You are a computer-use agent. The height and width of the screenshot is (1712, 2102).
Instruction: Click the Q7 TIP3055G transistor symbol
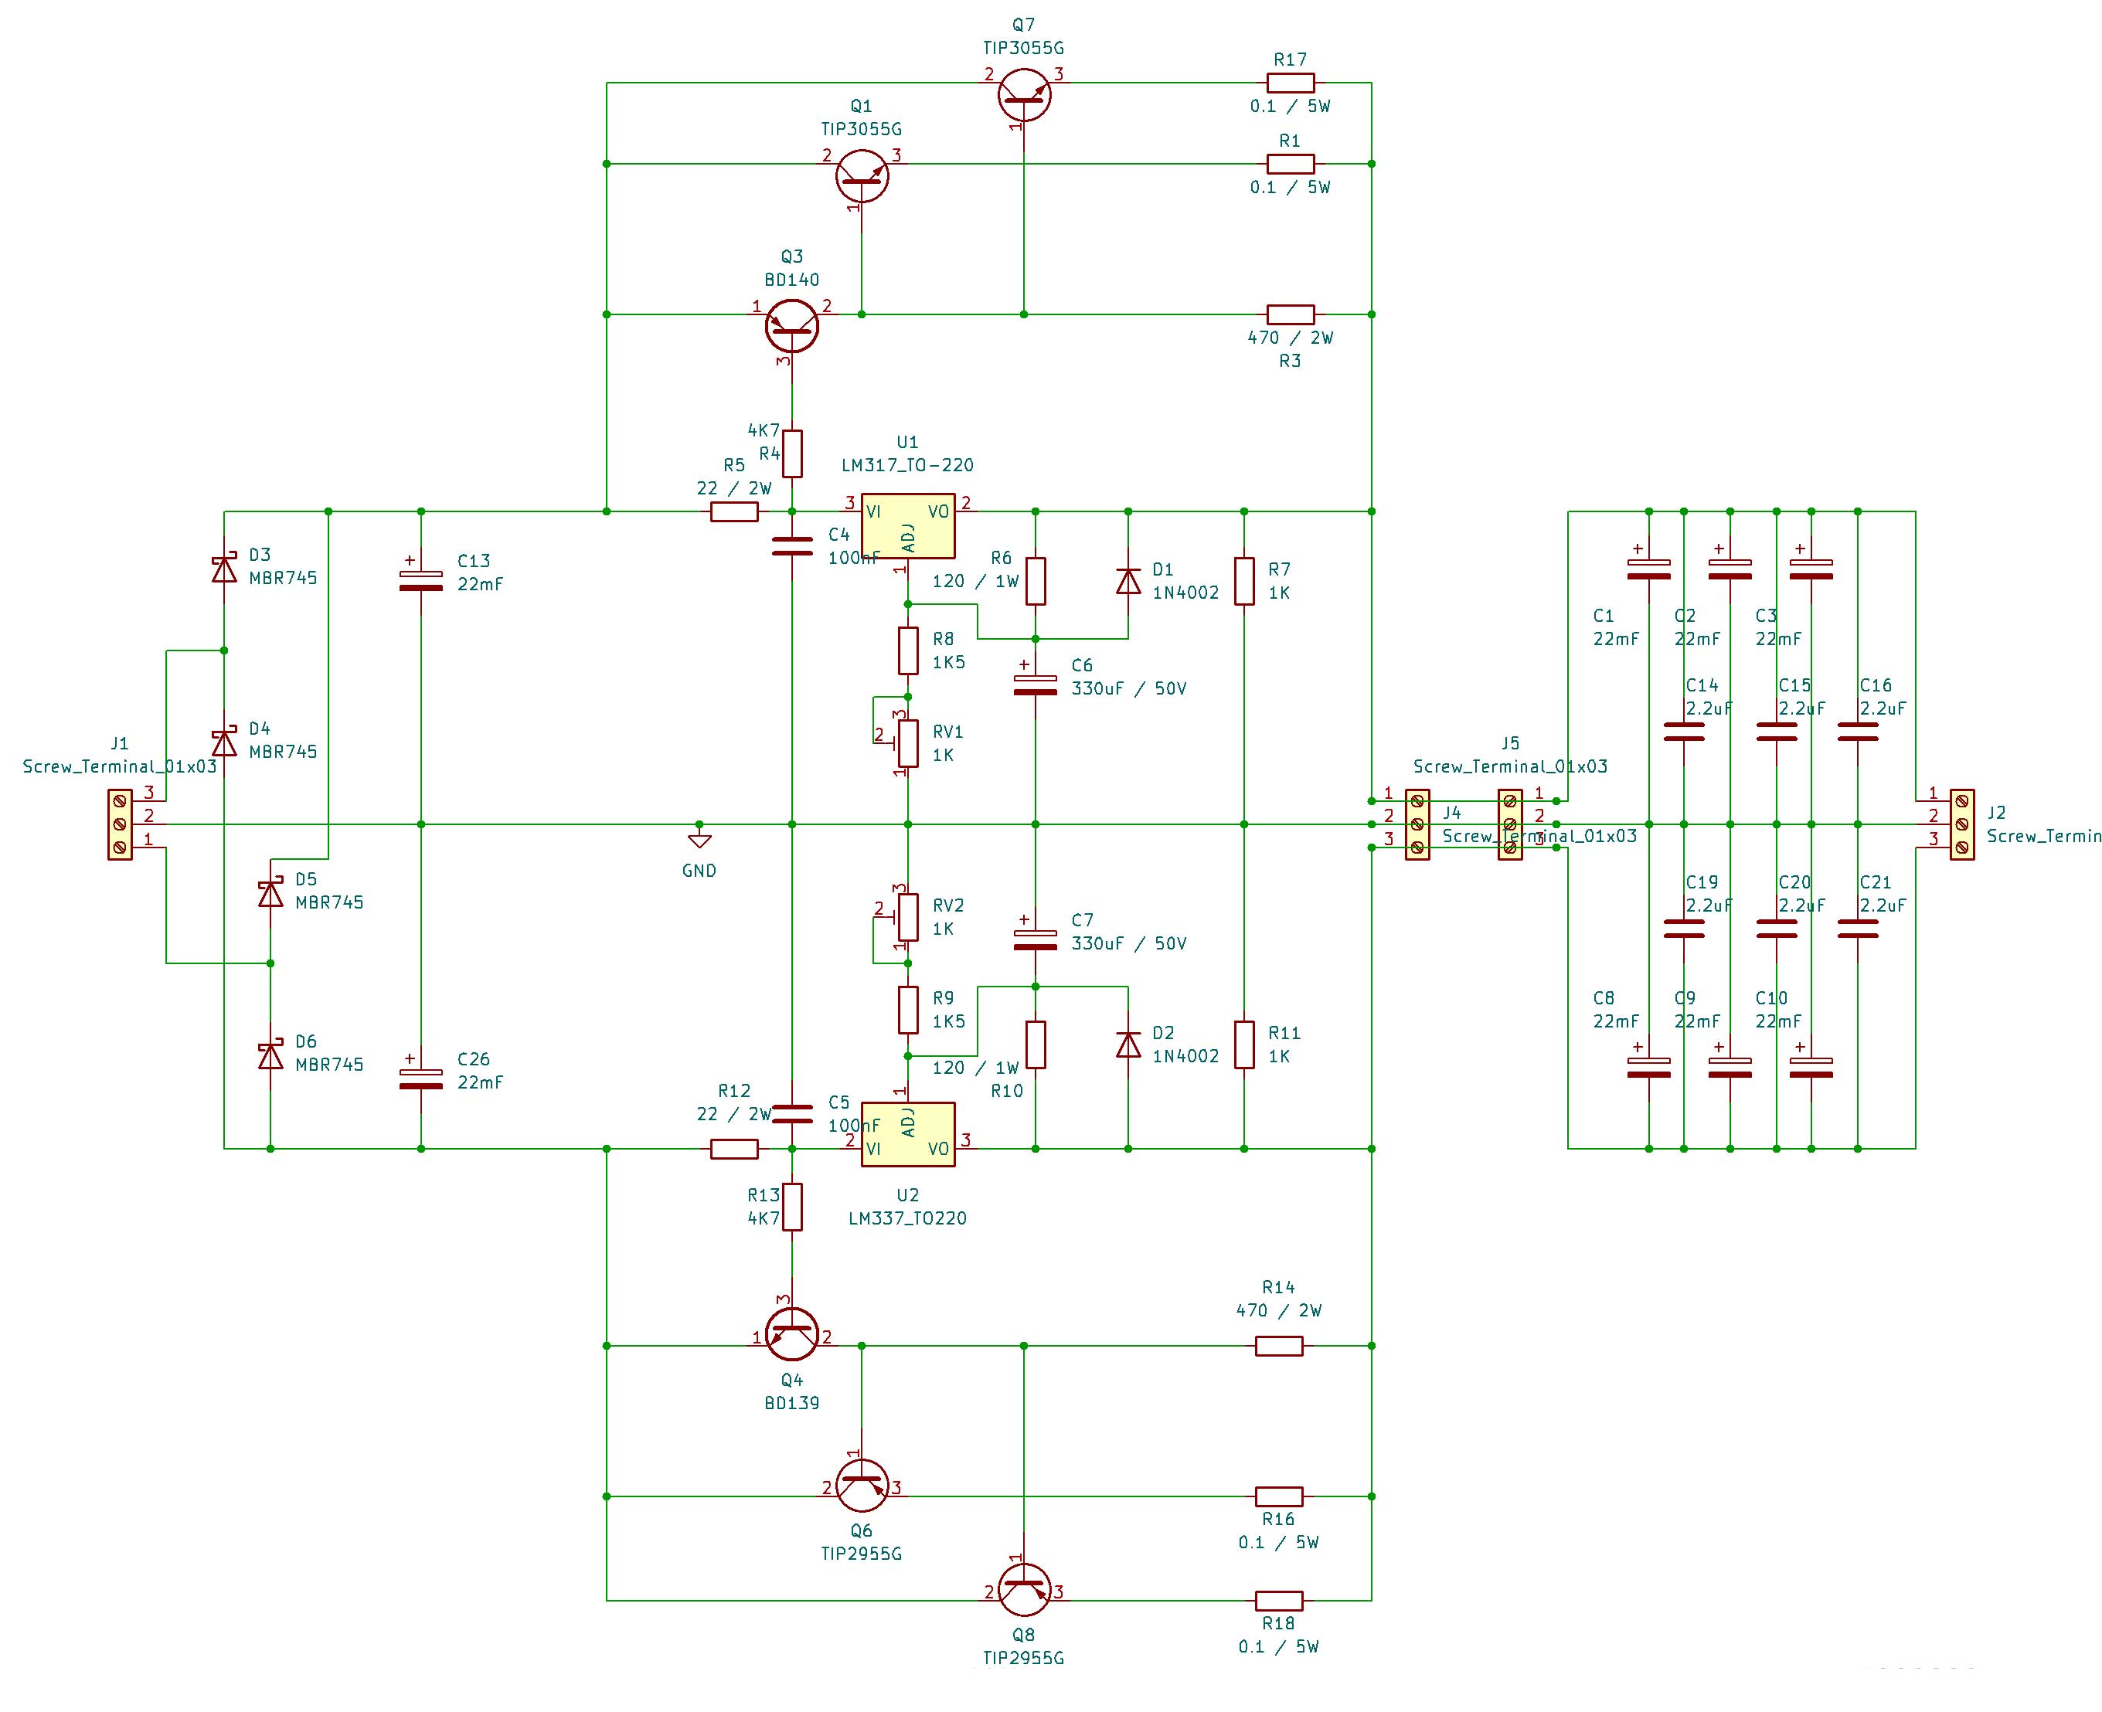point(1023,93)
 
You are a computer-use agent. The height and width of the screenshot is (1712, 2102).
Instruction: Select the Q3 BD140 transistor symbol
point(791,325)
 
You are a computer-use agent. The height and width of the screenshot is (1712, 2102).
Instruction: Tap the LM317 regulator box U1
point(906,525)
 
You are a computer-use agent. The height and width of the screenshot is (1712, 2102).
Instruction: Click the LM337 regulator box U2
point(906,1134)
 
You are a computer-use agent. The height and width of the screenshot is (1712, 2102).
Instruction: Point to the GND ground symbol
point(699,841)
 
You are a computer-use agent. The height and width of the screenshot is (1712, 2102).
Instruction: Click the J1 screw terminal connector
point(119,824)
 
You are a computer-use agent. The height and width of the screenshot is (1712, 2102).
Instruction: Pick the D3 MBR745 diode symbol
point(224,569)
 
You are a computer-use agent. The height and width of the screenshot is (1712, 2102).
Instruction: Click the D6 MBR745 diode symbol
point(270,1056)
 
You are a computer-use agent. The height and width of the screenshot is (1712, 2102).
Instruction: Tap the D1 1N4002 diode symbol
point(1128,581)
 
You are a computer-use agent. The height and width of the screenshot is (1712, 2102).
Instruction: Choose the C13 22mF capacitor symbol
point(420,581)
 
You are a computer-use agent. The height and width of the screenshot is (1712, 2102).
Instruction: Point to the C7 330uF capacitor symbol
point(1035,940)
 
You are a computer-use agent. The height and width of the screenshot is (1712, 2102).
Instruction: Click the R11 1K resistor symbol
point(1244,1045)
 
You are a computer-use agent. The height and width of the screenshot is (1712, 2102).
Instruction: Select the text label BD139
point(791,1402)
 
